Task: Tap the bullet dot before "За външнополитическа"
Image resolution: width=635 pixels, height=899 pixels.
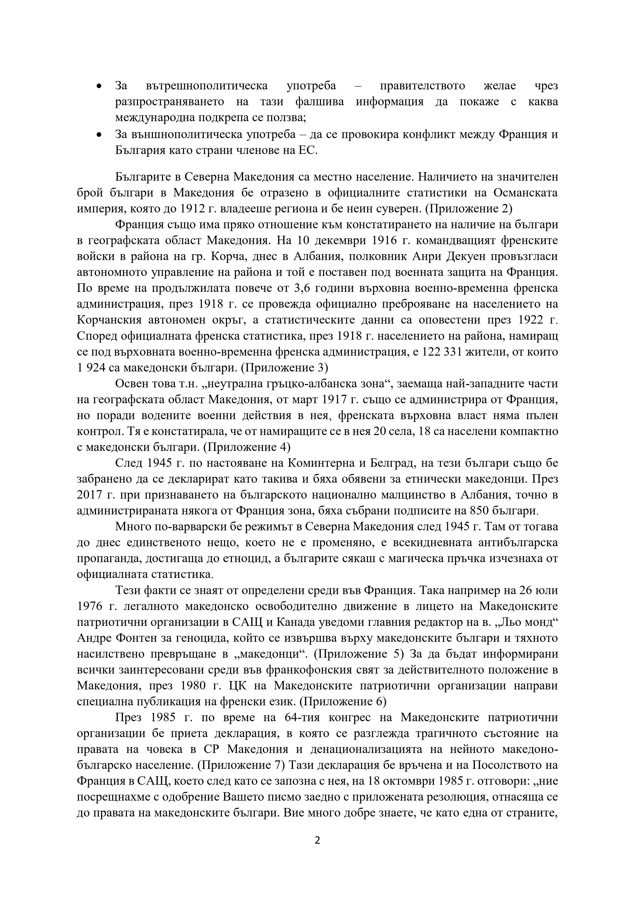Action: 99,135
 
